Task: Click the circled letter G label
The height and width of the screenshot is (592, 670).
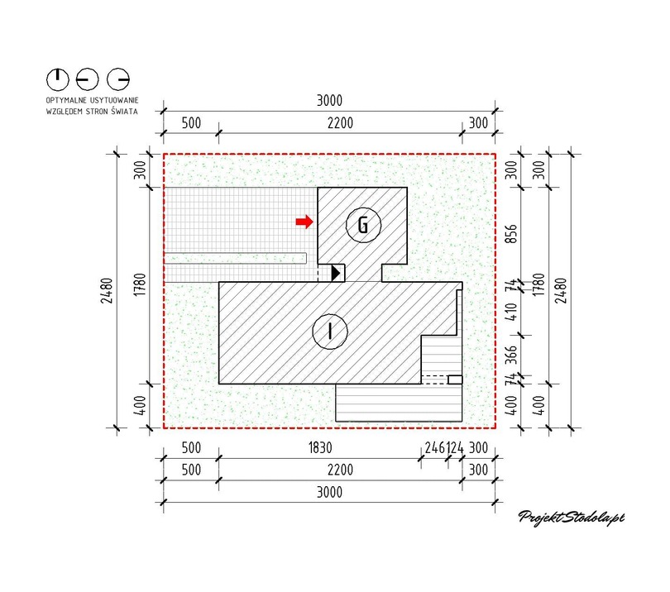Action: pyautogui.click(x=363, y=225)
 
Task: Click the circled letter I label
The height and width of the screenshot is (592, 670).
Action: pyautogui.click(x=330, y=332)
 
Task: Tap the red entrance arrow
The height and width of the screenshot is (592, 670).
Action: pyautogui.click(x=304, y=222)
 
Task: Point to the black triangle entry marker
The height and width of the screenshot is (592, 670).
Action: pyautogui.click(x=336, y=273)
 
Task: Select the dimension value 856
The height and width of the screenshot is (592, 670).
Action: pyautogui.click(x=511, y=234)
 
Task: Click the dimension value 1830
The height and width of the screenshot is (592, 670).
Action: pyautogui.click(x=320, y=447)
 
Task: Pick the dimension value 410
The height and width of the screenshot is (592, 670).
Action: pyautogui.click(x=511, y=312)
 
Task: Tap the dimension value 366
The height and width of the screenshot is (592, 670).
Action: pyautogui.click(x=511, y=355)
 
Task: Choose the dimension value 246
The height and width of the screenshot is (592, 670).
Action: pyautogui.click(x=435, y=447)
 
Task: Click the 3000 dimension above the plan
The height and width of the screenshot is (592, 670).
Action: pyautogui.click(x=329, y=101)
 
